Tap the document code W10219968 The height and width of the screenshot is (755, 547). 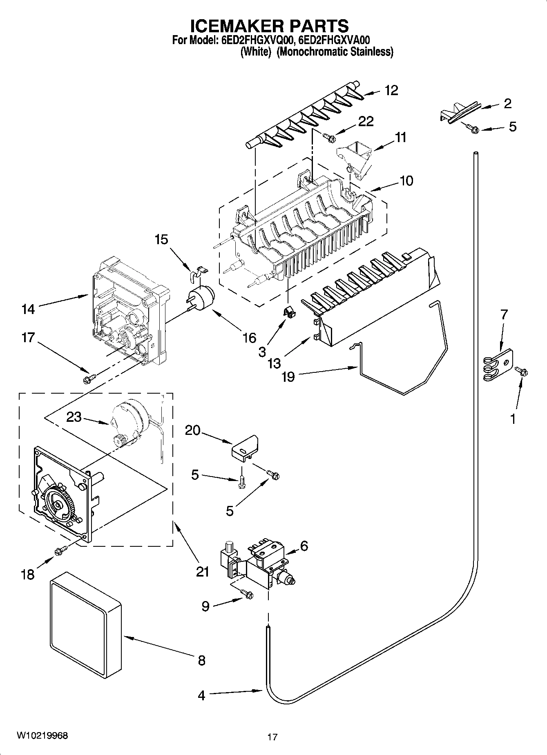click(x=42, y=735)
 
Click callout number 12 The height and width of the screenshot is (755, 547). click(x=391, y=90)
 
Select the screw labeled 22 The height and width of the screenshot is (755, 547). click(x=329, y=138)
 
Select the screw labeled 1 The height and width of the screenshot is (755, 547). click(x=522, y=371)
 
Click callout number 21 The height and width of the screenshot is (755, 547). click(x=202, y=571)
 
